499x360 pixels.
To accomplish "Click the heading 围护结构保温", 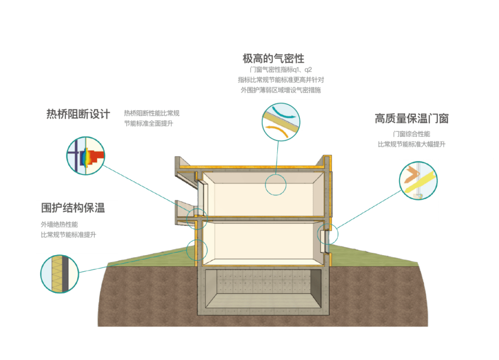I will click(73, 208).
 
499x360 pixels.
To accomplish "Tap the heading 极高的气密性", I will click(274, 59).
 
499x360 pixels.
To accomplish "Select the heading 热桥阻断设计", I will click(79, 114).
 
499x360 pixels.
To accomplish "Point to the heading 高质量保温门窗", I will click(411, 119).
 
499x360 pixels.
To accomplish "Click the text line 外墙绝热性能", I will click(59, 225).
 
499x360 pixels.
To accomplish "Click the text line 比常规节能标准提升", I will click(68, 235).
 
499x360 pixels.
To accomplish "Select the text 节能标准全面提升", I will click(148, 123).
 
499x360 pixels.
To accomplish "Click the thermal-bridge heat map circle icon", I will click(85, 156).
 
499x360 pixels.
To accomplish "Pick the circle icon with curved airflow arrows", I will click(280, 122).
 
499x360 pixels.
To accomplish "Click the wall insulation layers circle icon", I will click(60, 274).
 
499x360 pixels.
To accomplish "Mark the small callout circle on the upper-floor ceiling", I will click(276, 185).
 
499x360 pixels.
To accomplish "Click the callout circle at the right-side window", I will click(329, 235).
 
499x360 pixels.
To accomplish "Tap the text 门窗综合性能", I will click(411, 134).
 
